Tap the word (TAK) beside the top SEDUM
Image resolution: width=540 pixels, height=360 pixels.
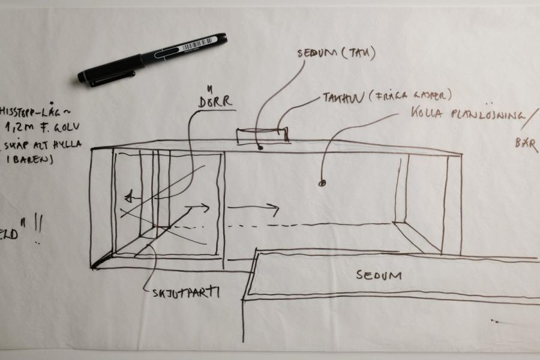tap(359, 53)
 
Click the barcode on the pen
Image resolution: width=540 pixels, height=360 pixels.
tap(199, 44)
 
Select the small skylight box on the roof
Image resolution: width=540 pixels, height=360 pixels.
tap(262, 136)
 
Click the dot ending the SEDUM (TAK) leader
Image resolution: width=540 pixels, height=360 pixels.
tap(260, 146)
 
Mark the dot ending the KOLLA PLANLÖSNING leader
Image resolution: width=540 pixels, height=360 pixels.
tap(322, 182)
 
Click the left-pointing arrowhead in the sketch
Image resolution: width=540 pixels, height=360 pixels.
tap(128, 197)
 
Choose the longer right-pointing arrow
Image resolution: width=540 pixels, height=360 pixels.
tap(254, 209)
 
